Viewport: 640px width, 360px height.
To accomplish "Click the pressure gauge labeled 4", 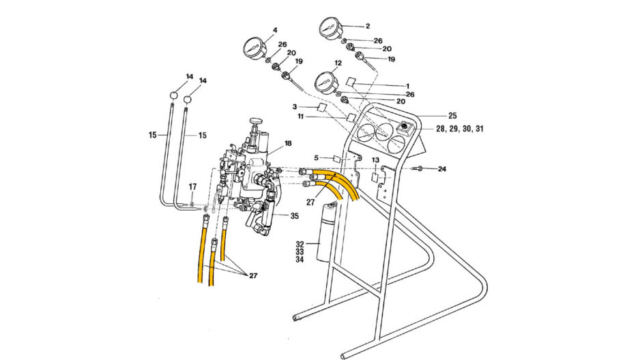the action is click(255, 49).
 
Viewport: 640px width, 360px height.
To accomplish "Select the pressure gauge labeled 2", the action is click(330, 29).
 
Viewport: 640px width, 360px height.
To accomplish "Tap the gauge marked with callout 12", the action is click(326, 82).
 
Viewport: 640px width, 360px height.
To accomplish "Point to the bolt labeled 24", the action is click(418, 168).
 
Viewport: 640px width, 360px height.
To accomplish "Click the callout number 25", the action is click(452, 116).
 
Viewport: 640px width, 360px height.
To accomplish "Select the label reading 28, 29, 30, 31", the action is click(460, 129).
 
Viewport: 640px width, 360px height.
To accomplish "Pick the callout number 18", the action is click(288, 143).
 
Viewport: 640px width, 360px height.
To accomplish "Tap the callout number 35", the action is click(294, 215).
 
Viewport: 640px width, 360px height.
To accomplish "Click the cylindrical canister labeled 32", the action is click(325, 232).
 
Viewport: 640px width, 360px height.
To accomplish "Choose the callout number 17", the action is click(192, 187).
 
